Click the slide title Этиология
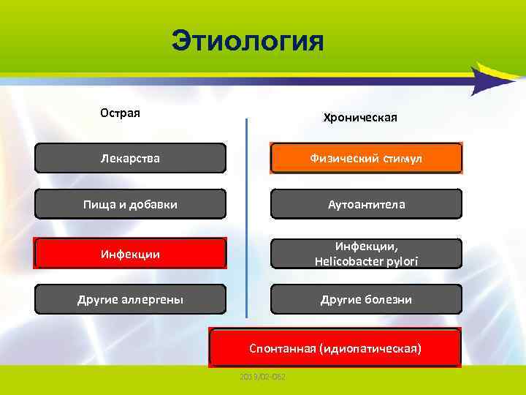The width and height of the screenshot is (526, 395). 247,41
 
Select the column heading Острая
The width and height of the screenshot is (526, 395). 120,113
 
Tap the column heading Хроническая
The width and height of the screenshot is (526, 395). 360,118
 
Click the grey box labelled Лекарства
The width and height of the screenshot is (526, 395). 131,158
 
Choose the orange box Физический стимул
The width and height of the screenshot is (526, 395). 366,158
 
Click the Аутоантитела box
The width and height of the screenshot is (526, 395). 366,205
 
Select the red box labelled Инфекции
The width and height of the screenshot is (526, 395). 131,254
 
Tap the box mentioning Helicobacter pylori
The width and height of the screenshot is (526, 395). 366,254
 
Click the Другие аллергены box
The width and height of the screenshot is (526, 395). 131,300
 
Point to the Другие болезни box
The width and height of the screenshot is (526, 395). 366,300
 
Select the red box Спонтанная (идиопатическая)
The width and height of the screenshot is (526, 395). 335,348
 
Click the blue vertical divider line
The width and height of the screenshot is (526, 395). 247,219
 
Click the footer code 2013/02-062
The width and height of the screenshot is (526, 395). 262,377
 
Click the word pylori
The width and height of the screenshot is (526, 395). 403,261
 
